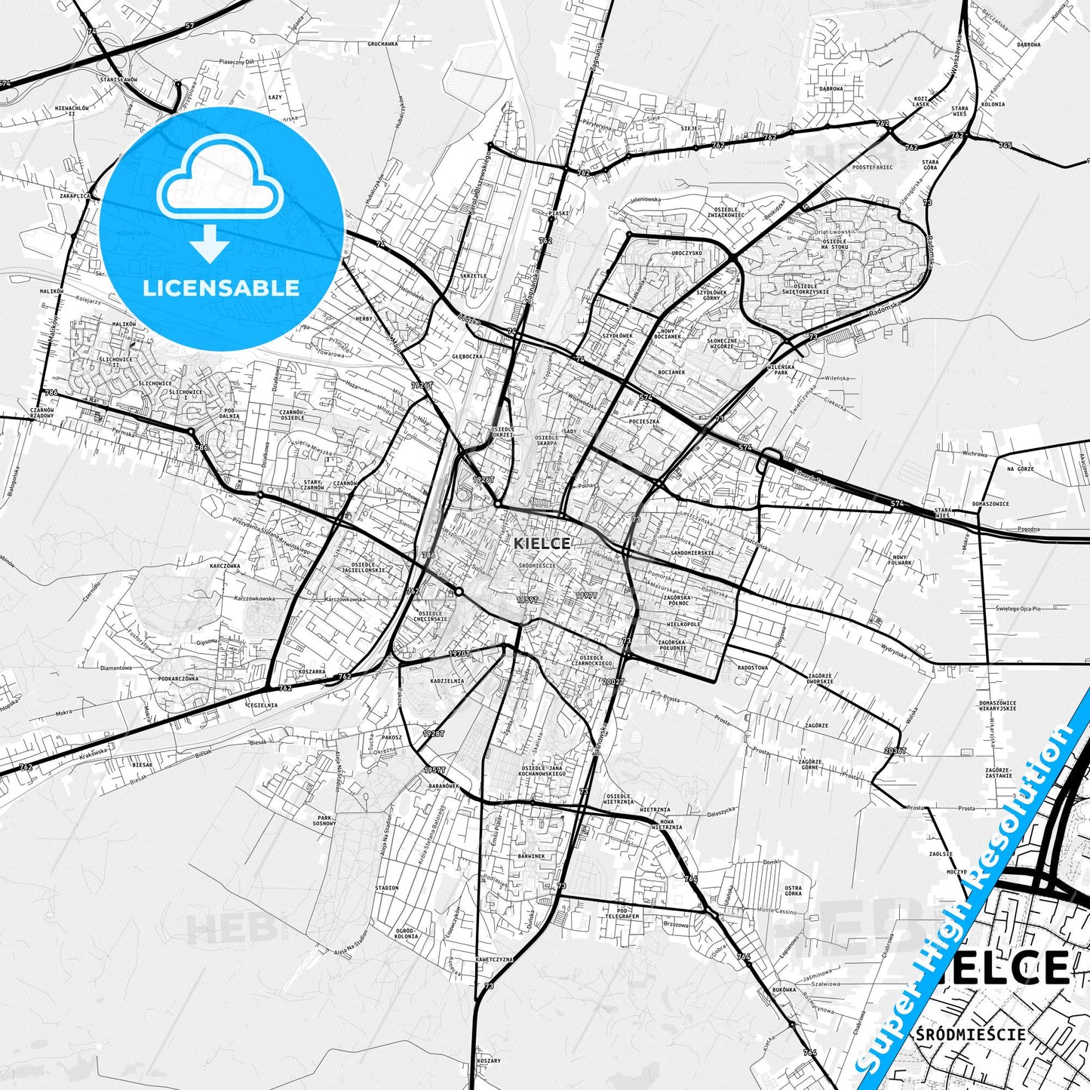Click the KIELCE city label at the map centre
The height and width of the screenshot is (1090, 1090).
point(542,543)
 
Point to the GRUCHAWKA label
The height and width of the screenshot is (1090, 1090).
point(382,45)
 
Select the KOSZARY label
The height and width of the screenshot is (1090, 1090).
point(489,1061)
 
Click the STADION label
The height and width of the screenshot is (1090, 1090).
point(386,889)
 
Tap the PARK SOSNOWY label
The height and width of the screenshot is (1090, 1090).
point(325,821)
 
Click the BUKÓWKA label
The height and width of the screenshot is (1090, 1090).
point(784,989)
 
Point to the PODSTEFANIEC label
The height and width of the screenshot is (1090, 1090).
point(872,167)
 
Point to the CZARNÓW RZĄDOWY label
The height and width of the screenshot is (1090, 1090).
point(41,413)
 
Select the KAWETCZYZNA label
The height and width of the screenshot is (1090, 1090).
point(494,960)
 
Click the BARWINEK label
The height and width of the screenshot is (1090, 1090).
point(531,856)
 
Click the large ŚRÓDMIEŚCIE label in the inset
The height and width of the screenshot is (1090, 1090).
point(971,1034)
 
